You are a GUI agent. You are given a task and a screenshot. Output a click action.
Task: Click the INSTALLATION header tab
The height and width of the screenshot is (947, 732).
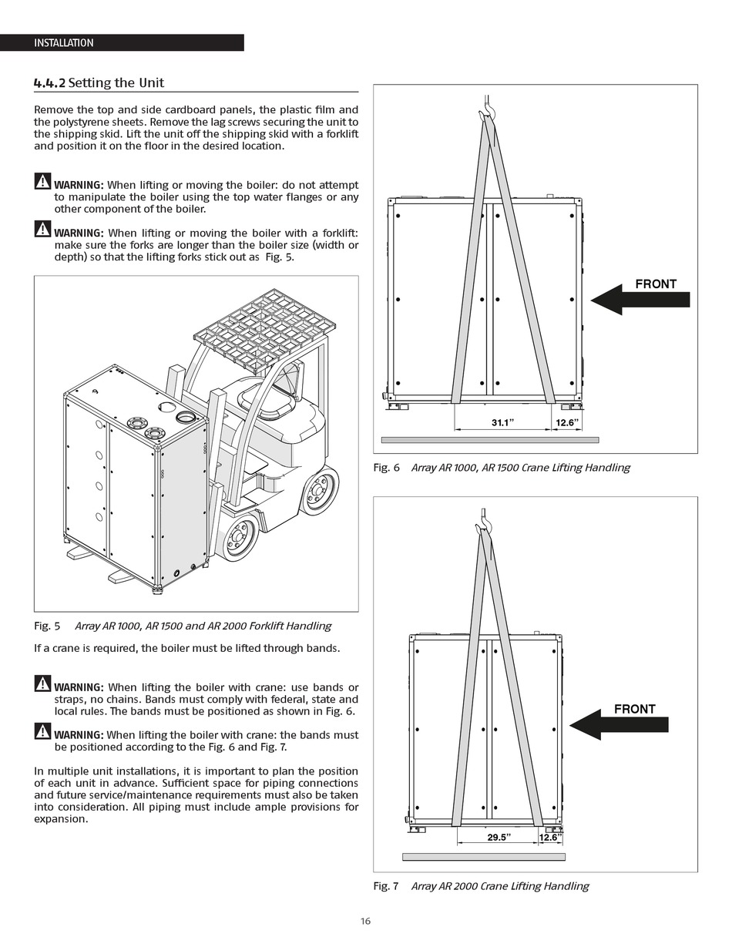(64, 43)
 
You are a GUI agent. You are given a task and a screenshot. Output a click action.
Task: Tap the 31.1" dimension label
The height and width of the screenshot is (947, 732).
(502, 422)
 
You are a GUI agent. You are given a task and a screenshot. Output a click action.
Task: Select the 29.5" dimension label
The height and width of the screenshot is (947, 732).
(499, 838)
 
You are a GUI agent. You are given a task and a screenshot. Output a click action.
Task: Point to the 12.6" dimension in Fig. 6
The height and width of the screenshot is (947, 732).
(567, 422)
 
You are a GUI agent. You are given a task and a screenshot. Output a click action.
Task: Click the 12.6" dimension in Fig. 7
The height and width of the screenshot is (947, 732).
(550, 838)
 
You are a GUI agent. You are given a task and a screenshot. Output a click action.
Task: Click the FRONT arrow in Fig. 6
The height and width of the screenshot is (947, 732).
(641, 299)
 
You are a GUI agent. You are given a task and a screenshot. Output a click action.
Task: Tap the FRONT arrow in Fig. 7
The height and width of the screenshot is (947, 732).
(620, 724)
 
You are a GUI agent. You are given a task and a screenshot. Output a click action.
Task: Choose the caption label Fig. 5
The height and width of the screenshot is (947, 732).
(47, 626)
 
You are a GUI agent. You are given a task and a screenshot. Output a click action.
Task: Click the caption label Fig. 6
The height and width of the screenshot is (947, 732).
(386, 468)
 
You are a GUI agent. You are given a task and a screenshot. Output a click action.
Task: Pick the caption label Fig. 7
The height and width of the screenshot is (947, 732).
(386, 886)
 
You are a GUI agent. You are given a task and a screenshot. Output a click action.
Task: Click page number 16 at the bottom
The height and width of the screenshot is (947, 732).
(365, 921)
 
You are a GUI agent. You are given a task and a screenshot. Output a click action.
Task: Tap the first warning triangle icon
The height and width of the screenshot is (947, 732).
(42, 182)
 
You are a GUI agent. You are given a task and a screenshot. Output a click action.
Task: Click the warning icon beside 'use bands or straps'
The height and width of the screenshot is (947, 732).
(42, 683)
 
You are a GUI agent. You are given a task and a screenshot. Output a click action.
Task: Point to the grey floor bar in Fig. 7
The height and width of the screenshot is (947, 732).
(484, 857)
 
